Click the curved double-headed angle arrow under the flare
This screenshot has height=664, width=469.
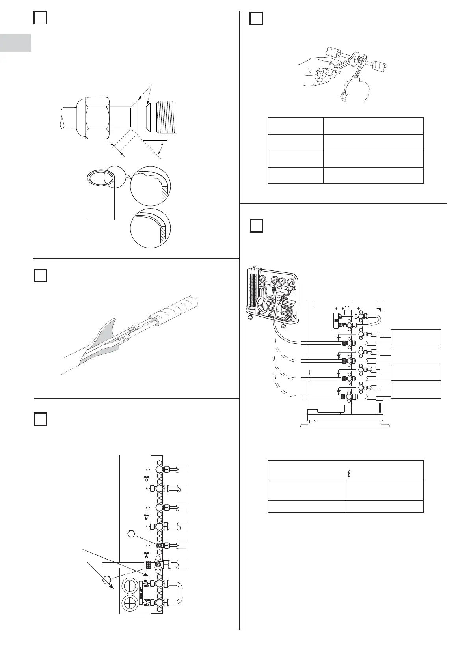click(160, 149)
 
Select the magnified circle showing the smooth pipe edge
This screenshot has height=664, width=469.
click(151, 228)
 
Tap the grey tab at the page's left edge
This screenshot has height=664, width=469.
click(15, 43)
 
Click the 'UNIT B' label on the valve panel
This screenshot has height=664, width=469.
click(147, 516)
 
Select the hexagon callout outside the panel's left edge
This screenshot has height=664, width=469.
click(106, 580)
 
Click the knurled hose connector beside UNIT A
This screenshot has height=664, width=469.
click(149, 565)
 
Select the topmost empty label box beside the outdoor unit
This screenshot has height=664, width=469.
click(416, 337)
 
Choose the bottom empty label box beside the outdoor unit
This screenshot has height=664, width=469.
click(416, 390)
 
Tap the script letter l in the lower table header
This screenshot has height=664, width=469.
click(349, 472)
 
